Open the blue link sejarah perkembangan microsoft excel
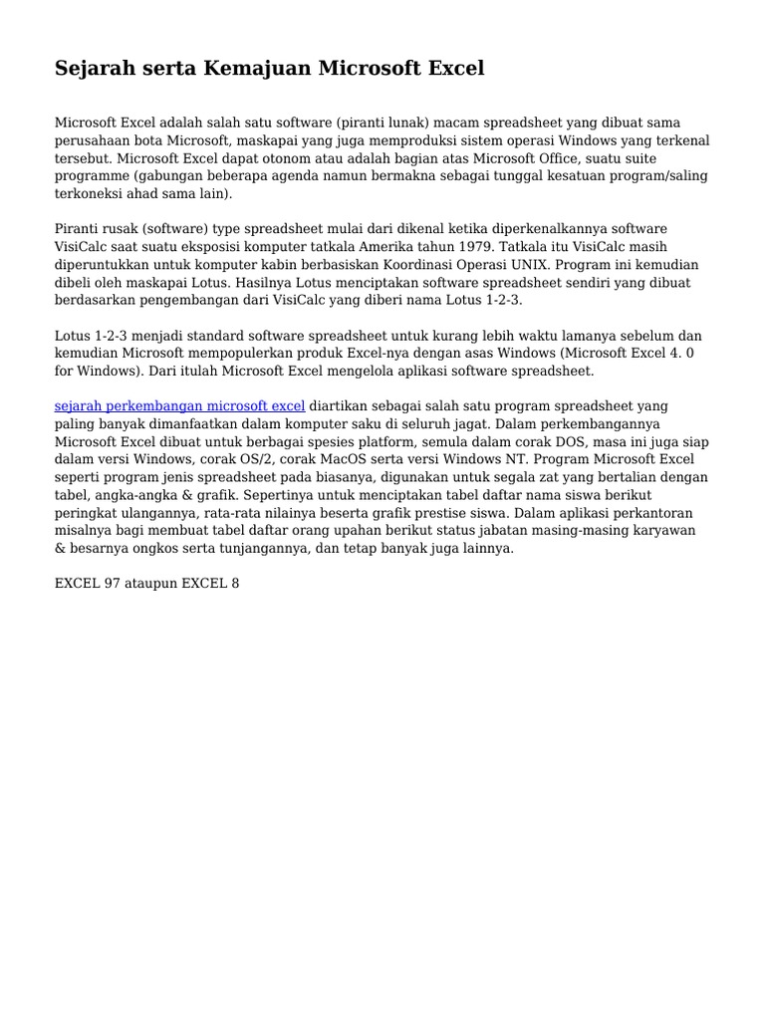click(x=179, y=405)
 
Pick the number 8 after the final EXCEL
click(x=235, y=583)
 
